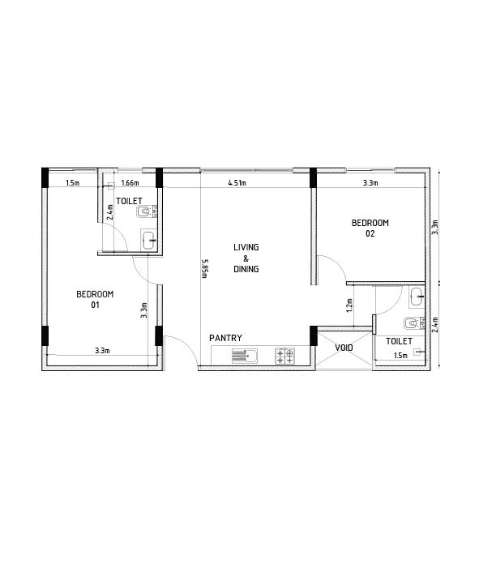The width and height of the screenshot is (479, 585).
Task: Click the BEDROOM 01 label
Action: click(95, 299)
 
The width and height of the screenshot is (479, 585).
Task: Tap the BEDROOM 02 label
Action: click(370, 228)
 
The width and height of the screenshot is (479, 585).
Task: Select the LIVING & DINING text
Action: click(246, 258)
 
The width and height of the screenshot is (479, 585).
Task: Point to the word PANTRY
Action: click(225, 338)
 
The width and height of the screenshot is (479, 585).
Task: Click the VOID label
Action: click(344, 348)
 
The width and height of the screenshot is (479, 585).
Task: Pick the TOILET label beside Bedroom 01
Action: click(130, 200)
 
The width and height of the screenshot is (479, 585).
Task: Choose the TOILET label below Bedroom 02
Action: click(399, 342)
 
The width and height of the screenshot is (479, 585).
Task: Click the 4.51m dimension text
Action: click(237, 183)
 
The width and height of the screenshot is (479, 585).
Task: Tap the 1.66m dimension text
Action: click(129, 183)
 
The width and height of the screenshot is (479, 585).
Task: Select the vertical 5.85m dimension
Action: click(205, 267)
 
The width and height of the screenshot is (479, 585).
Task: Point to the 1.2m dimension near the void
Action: click(349, 305)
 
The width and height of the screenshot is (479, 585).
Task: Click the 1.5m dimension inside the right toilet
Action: click(400, 356)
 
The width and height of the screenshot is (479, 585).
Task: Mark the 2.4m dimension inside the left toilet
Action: click(110, 211)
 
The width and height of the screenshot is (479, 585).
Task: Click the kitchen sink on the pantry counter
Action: click(243, 355)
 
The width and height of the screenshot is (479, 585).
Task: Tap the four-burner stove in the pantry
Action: click(284, 355)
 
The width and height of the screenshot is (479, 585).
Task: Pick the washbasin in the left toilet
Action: click(148, 239)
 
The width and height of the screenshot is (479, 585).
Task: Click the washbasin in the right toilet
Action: click(416, 296)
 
